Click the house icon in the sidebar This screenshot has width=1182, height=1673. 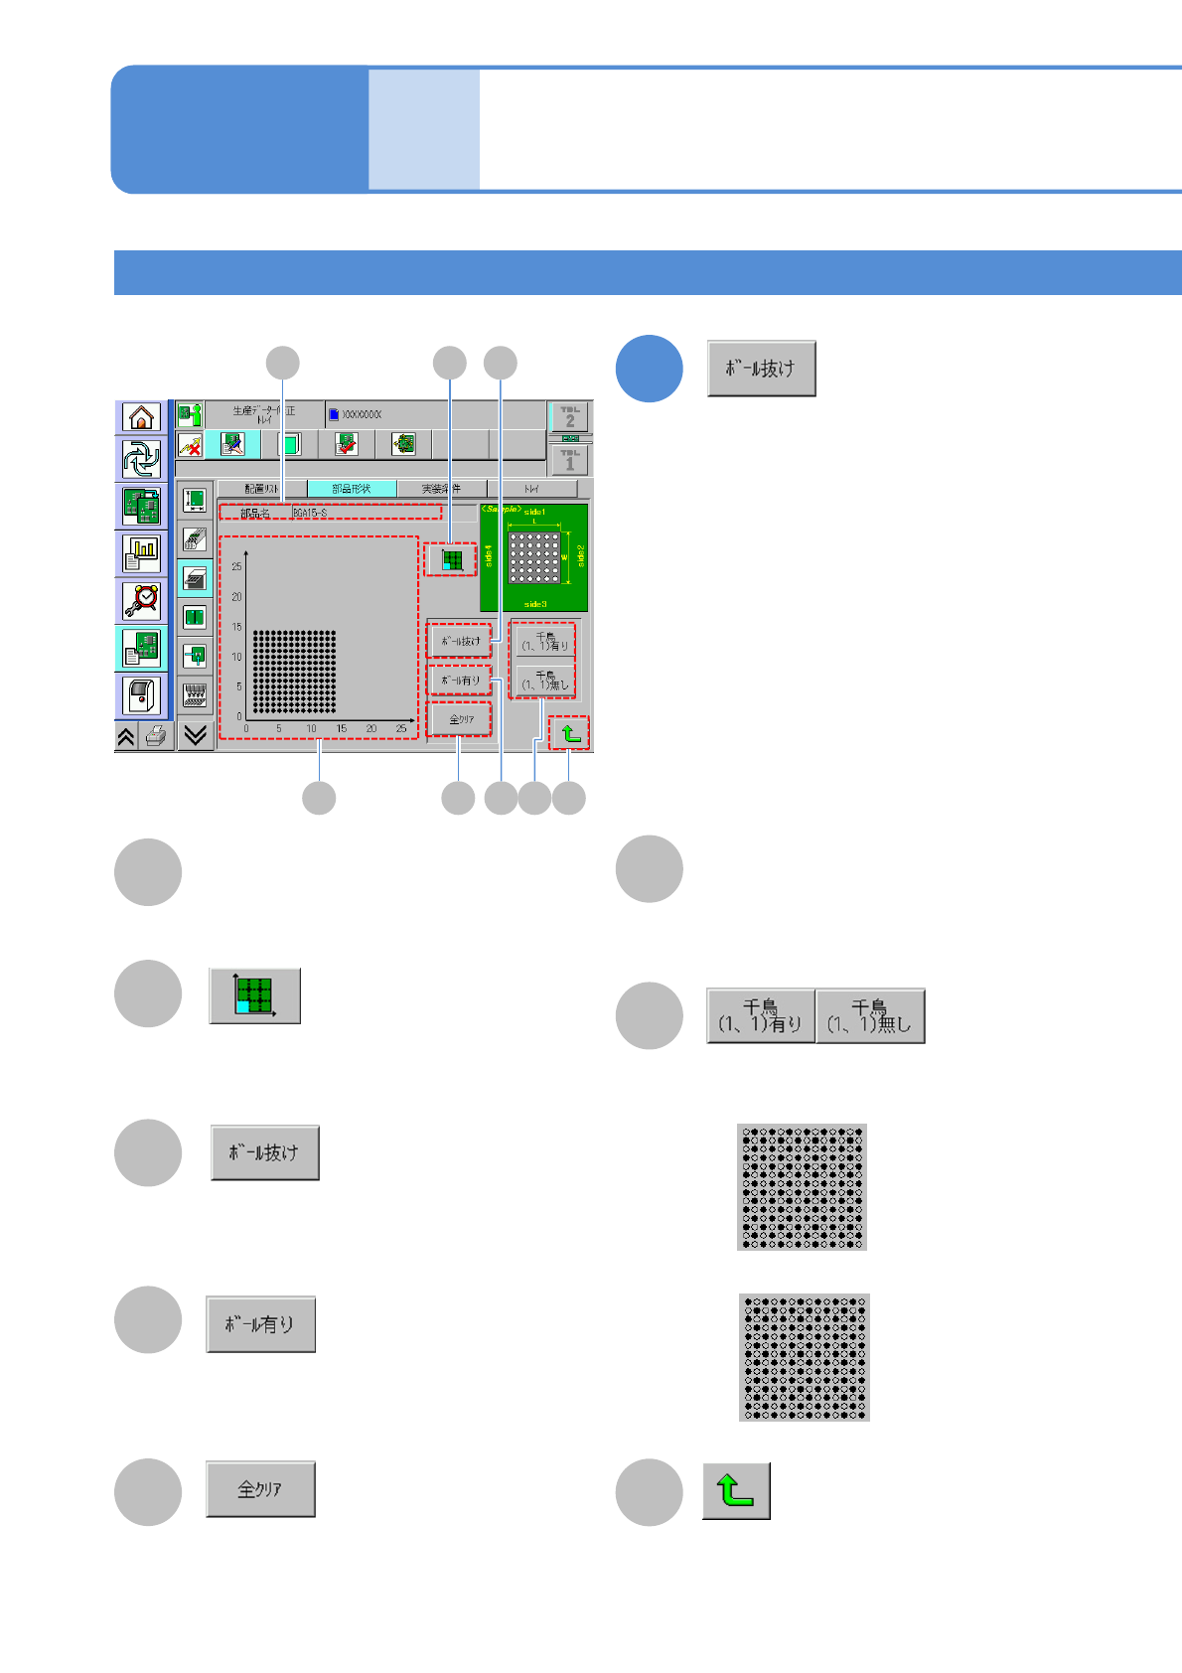[141, 417]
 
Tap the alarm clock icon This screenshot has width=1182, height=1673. [141, 600]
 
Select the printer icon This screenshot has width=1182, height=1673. [155, 736]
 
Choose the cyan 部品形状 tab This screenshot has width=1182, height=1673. [352, 489]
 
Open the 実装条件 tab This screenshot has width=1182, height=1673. [441, 489]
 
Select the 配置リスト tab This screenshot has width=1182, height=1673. [262, 489]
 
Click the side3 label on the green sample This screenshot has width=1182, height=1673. [535, 604]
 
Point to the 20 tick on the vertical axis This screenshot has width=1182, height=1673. [236, 597]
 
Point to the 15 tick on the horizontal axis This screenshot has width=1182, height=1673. [342, 729]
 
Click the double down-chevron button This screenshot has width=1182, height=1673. [196, 735]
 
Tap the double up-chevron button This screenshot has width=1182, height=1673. [126, 736]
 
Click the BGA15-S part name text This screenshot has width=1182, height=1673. [310, 513]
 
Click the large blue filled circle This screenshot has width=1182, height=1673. [649, 369]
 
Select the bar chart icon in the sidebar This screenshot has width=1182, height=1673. [141, 553]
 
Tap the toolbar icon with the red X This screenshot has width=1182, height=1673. [190, 445]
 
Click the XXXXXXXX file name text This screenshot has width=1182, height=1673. [362, 414]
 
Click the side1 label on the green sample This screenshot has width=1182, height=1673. [534, 512]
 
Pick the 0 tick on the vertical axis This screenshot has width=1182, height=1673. [238, 716]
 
